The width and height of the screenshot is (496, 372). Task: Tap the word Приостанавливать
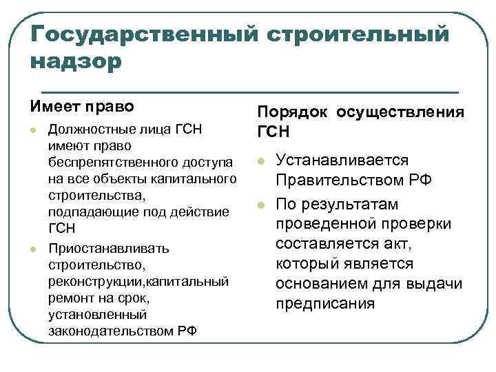[101, 248]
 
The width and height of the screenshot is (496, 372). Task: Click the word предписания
[324, 303]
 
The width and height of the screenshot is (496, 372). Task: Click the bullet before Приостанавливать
[33, 249]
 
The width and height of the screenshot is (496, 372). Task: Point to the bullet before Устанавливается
[261, 161]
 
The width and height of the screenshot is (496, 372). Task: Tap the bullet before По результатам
[261, 205]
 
